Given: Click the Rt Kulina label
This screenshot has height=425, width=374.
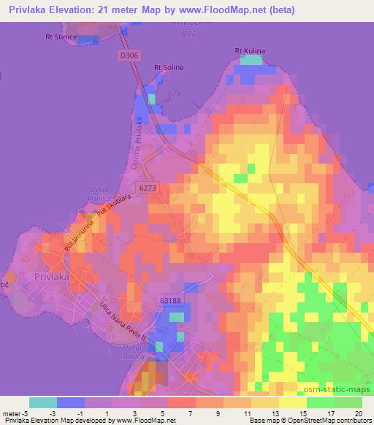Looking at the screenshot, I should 250,50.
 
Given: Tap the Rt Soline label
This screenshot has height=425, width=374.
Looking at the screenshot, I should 169,68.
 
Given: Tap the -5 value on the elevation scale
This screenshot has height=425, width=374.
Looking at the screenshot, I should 17,413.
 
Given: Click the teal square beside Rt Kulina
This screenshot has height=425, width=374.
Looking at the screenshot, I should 251,60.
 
